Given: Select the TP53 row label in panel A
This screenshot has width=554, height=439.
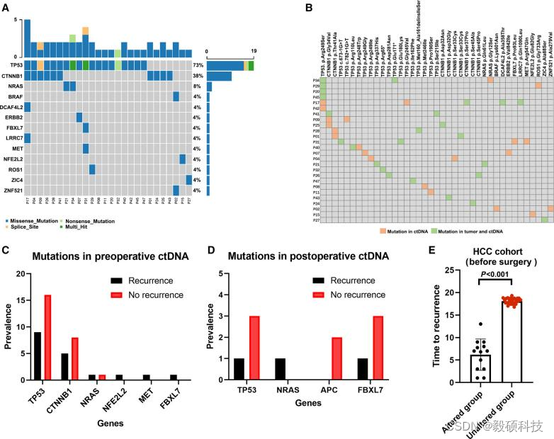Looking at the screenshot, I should coord(12,65).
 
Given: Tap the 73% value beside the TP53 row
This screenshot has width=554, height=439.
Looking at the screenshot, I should coord(198,65).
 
